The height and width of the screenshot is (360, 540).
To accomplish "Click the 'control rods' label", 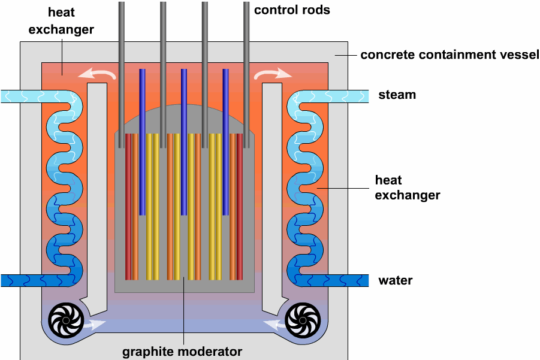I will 292,10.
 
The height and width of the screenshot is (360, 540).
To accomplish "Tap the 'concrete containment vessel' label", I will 450,55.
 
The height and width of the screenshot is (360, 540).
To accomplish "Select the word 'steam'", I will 397,95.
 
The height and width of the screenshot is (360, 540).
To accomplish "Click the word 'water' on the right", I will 395,280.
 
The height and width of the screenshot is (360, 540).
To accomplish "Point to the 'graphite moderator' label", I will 182,352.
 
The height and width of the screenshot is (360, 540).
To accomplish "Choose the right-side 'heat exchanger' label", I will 407,187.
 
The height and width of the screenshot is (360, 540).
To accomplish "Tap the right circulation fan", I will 302,320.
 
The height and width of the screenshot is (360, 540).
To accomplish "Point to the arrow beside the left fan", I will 94,325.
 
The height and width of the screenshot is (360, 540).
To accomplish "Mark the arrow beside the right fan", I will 272,325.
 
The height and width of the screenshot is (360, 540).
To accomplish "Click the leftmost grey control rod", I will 121,66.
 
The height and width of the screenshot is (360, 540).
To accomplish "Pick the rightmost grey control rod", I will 246,66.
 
